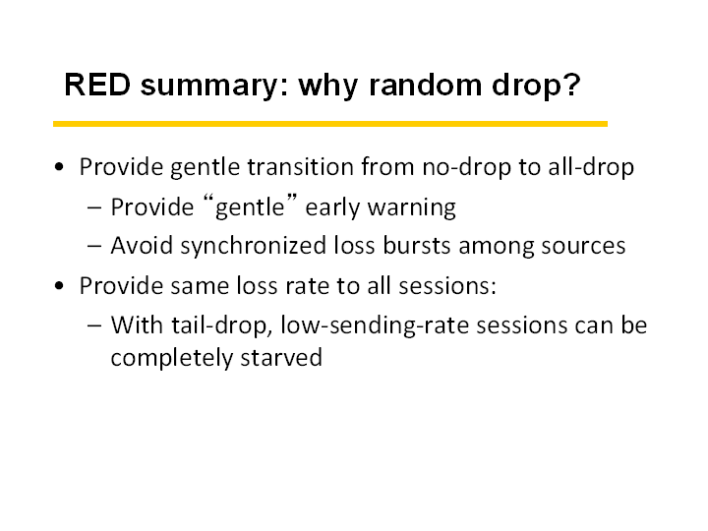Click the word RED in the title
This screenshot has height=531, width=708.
(x=97, y=85)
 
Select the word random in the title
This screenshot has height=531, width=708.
(x=426, y=85)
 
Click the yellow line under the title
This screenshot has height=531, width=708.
(x=330, y=124)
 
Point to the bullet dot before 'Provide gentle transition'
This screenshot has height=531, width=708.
(x=59, y=167)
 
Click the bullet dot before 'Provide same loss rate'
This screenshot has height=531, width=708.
(x=59, y=286)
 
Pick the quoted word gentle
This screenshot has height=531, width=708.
(x=250, y=207)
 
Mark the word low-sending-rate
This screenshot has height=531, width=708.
(x=375, y=325)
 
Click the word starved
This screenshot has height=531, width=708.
(x=281, y=358)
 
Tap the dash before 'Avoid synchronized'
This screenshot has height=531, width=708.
(x=94, y=247)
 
